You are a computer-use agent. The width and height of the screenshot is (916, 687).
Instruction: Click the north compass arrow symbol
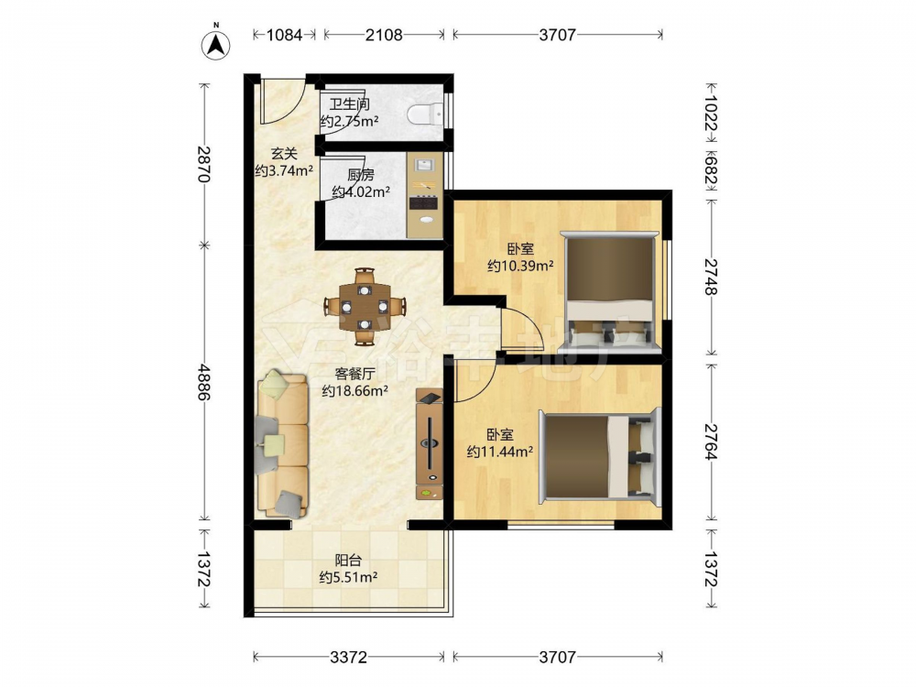tap(215, 44)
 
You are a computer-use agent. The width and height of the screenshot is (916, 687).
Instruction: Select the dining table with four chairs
tap(365, 306)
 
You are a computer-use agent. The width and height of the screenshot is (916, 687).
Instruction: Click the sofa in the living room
tap(281, 444)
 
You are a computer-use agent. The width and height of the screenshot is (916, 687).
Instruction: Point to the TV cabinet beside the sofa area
tap(430, 444)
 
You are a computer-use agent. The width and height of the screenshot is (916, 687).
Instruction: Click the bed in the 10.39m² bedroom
tap(609, 291)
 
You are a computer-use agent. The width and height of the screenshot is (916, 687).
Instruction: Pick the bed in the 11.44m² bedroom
tap(600, 456)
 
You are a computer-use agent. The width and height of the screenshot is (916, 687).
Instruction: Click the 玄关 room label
tap(284, 154)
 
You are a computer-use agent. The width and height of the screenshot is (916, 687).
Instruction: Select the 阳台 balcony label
tap(348, 561)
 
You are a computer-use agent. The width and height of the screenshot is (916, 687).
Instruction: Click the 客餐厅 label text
tap(354, 374)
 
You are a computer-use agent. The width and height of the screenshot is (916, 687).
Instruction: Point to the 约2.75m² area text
tap(349, 122)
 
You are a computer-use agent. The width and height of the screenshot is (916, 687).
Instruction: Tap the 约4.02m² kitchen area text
tap(361, 191)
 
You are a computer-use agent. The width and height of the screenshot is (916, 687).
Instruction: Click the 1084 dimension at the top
tap(285, 35)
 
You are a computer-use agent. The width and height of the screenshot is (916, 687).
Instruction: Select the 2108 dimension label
tap(384, 35)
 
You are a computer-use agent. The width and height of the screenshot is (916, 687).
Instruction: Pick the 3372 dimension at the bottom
tap(349, 657)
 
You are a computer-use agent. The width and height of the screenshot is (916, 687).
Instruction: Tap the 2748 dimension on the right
tap(711, 277)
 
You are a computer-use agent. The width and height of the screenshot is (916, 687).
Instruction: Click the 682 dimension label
tap(711, 169)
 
